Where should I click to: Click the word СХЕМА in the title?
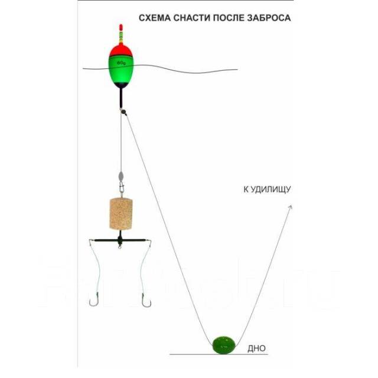click(x=155, y=18)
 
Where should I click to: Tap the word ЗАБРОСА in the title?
click(x=268, y=18)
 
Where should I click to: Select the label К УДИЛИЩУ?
click(x=267, y=190)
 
